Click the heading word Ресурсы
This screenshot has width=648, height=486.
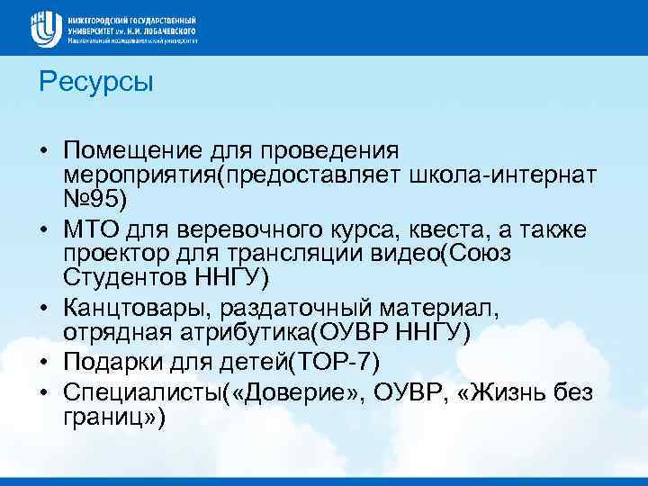pyautogui.click(x=97, y=83)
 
